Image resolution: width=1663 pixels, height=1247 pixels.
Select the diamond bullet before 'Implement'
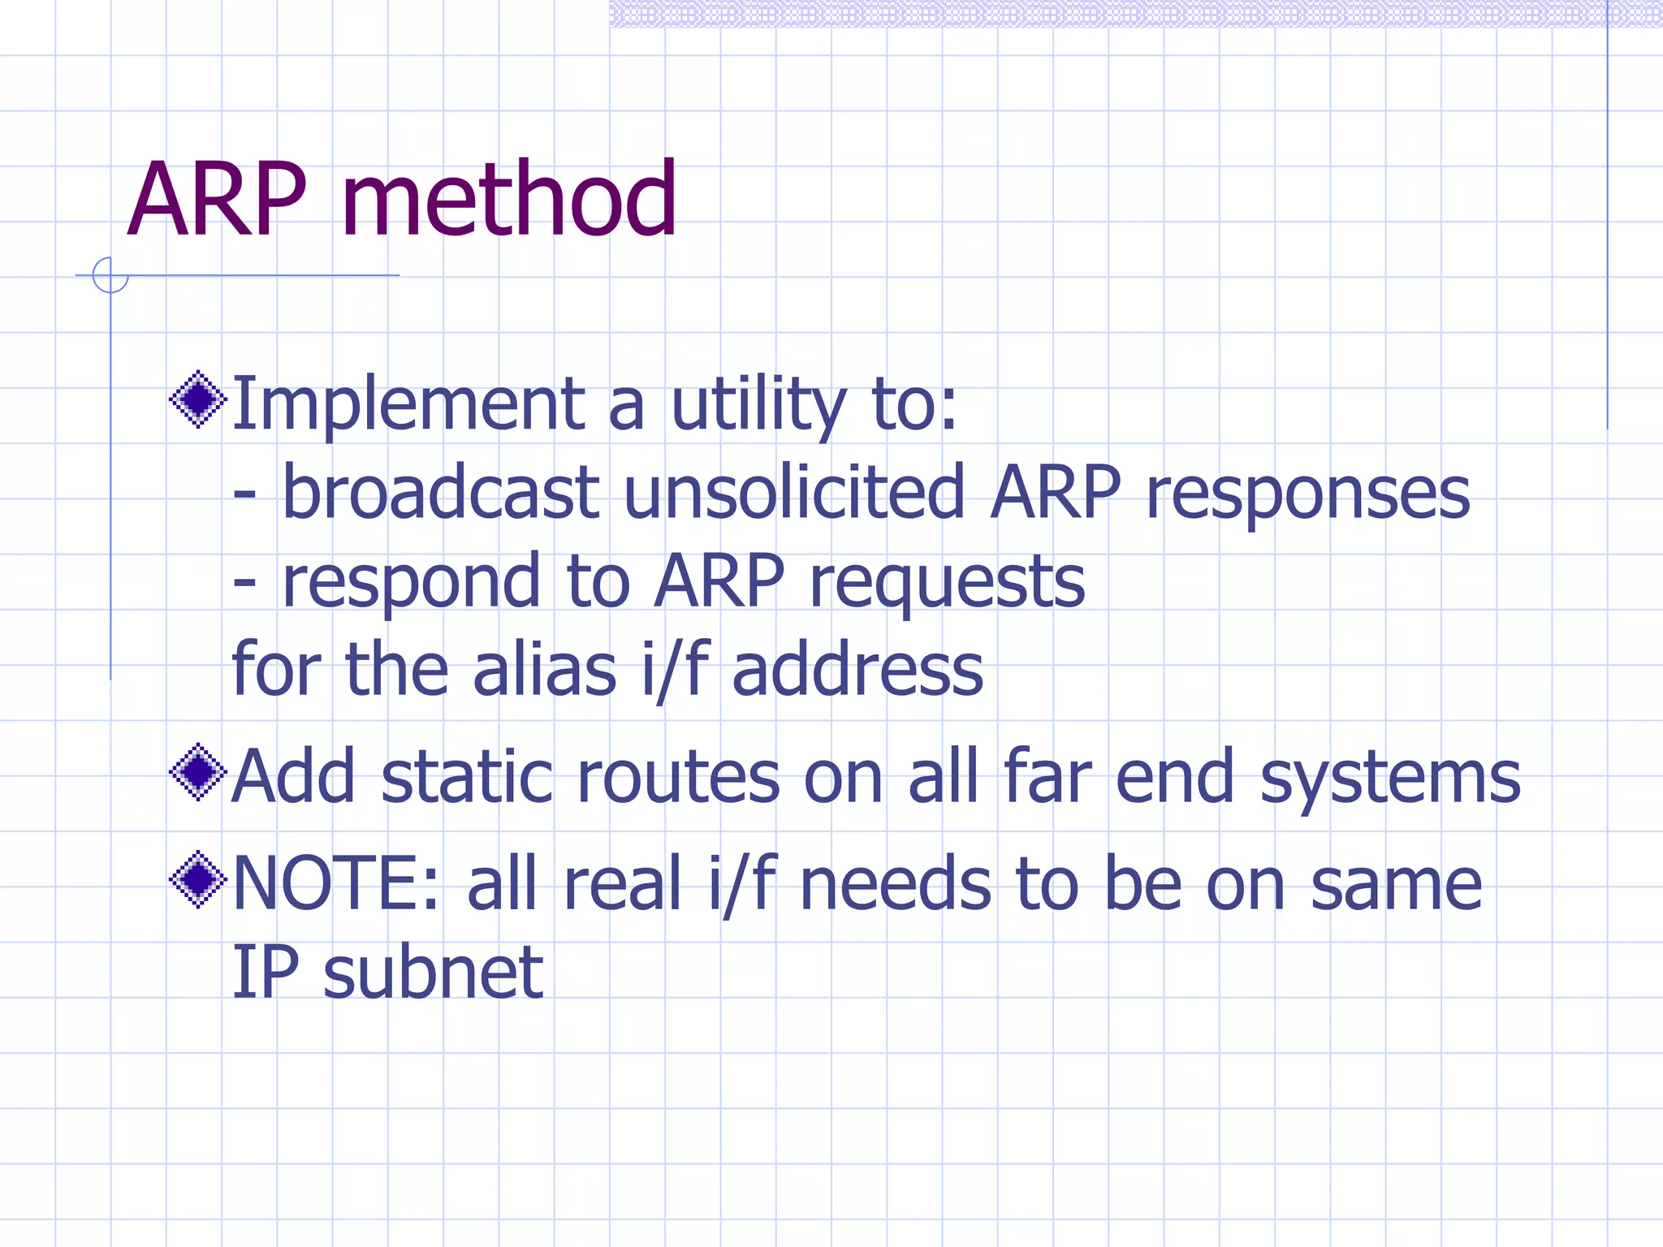(198, 399)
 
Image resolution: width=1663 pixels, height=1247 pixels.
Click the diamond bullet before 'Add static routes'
(198, 772)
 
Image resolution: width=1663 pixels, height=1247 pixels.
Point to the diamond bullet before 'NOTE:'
(198, 879)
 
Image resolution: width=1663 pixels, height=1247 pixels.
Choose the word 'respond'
(410, 583)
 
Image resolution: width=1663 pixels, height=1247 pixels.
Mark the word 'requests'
(947, 583)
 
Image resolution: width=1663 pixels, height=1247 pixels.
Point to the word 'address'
(857, 671)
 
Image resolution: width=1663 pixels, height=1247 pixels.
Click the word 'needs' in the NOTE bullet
(895, 884)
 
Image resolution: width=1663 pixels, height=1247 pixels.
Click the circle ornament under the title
(110, 275)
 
